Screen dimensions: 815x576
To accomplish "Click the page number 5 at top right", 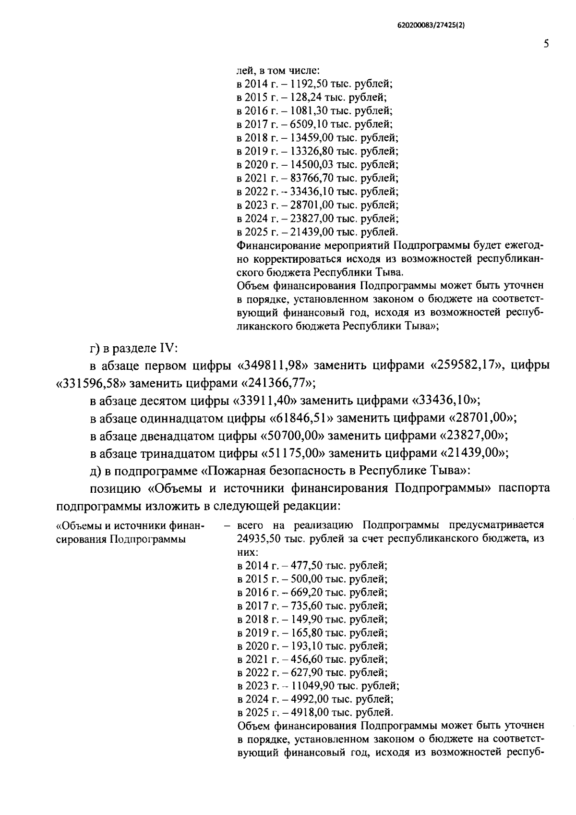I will coord(546,44).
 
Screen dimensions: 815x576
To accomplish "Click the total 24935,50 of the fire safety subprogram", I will coord(256,538).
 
